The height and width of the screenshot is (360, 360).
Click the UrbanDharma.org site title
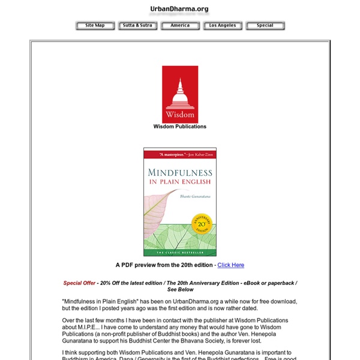179,9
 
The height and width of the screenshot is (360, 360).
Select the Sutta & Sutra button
137,26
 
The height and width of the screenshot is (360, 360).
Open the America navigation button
180,26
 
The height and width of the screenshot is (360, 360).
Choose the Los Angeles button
223,26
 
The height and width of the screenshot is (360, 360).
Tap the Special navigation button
265,26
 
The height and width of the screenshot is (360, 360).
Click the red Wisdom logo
179,95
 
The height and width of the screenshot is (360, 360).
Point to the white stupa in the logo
179,93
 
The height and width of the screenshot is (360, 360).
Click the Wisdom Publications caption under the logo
179,127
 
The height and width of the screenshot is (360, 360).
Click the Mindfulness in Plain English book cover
179,202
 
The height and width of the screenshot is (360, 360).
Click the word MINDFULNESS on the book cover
179,173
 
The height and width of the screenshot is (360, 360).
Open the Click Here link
230,265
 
